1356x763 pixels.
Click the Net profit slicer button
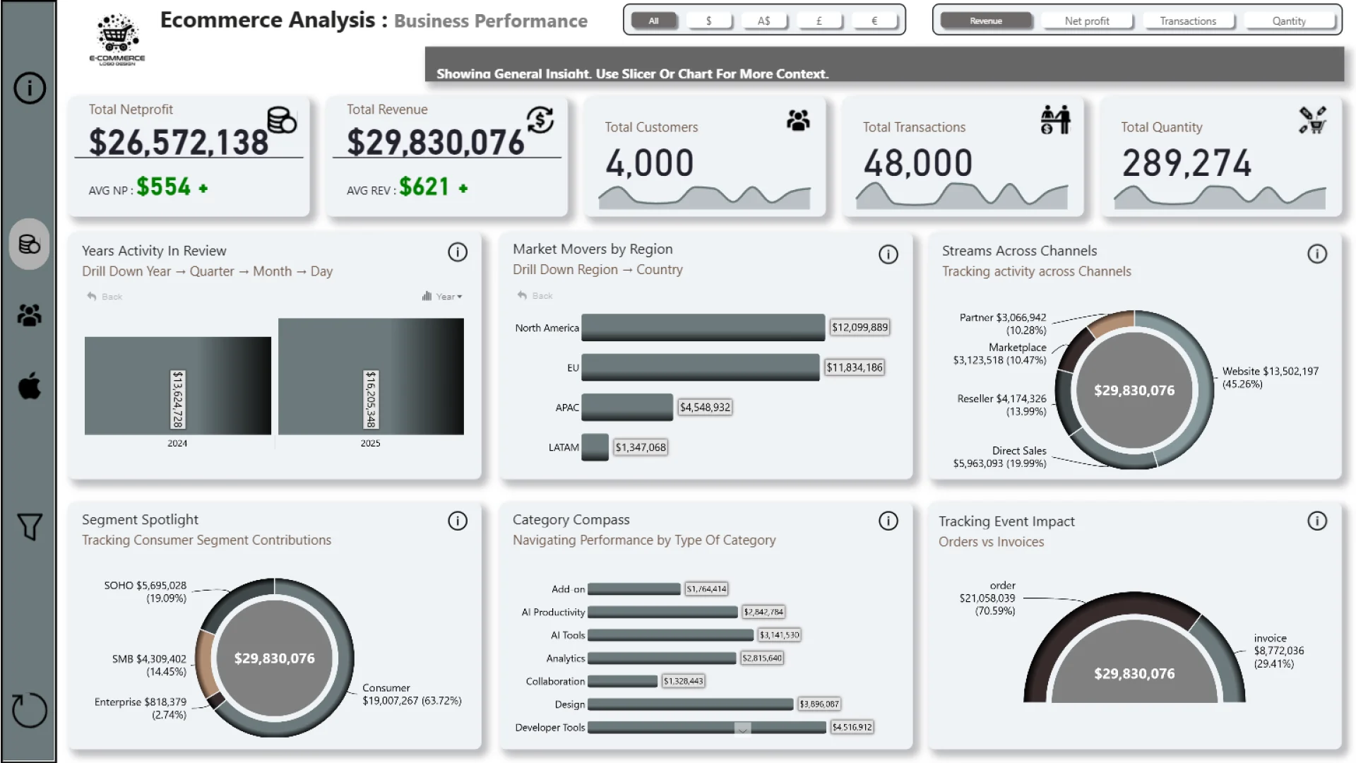(1086, 21)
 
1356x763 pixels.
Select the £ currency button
(819, 21)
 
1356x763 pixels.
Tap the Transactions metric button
(1187, 21)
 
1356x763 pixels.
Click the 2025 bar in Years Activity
(371, 376)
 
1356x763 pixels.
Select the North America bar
(703, 327)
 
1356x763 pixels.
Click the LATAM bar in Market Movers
(595, 447)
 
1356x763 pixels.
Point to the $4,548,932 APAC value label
(705, 407)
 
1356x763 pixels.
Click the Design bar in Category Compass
(690, 704)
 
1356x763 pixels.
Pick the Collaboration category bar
(622, 681)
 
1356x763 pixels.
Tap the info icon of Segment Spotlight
(458, 521)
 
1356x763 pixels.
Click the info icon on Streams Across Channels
(1316, 254)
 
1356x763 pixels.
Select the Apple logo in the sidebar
(29, 386)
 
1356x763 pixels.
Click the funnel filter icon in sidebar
(29, 526)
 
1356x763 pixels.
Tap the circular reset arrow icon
(29, 709)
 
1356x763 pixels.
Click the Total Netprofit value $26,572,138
(178, 142)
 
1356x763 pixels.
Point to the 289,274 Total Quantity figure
(1186, 163)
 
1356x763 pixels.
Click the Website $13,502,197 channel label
(1270, 377)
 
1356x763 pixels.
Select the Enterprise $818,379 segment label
(141, 708)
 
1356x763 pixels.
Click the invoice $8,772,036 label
(1278, 651)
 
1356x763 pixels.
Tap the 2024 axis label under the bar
(177, 444)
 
